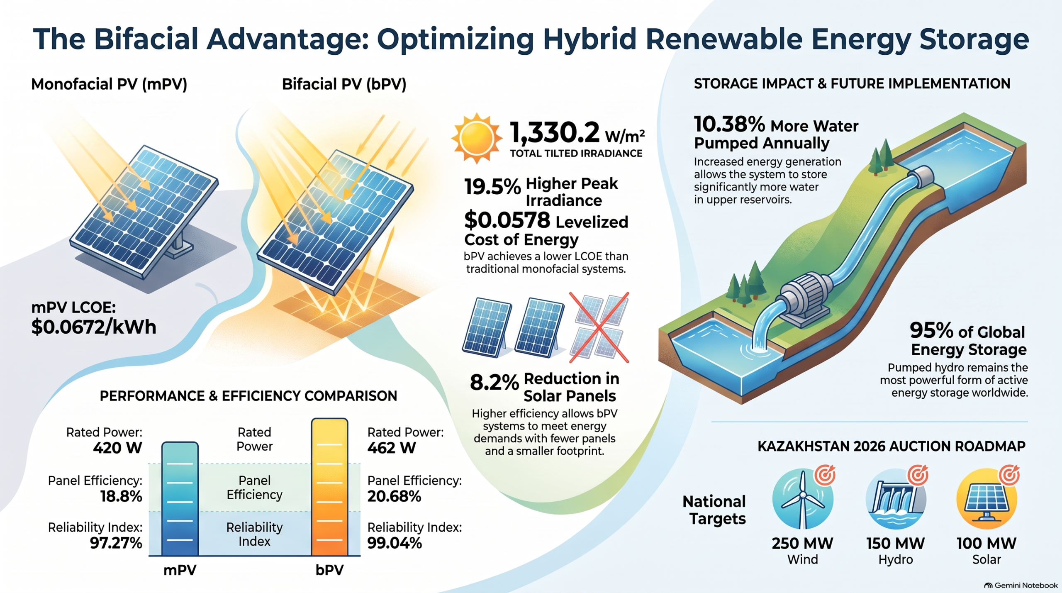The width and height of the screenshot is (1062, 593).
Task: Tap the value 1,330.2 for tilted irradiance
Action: point(554,132)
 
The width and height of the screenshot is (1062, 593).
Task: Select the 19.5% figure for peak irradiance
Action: point(492,187)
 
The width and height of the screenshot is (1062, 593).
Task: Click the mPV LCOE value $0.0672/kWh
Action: point(94,327)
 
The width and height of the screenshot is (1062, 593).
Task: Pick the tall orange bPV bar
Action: point(329,487)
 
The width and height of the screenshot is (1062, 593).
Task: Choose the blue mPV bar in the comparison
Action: point(180,499)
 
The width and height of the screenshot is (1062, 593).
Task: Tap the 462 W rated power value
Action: point(391,448)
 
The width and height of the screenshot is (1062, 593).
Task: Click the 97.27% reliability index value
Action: point(116,543)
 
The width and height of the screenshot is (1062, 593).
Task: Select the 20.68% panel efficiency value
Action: point(394,496)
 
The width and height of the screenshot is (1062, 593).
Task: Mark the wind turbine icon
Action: point(803,499)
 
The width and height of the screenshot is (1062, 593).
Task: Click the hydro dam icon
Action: point(896,499)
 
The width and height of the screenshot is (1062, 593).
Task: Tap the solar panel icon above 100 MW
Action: point(987,499)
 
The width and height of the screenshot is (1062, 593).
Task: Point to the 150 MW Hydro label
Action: point(896,551)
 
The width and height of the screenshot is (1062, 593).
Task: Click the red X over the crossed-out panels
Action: point(599,327)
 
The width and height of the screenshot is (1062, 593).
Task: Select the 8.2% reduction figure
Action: point(494,383)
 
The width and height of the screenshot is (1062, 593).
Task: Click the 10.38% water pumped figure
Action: point(729,124)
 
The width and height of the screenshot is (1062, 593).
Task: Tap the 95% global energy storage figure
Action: point(931,331)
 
